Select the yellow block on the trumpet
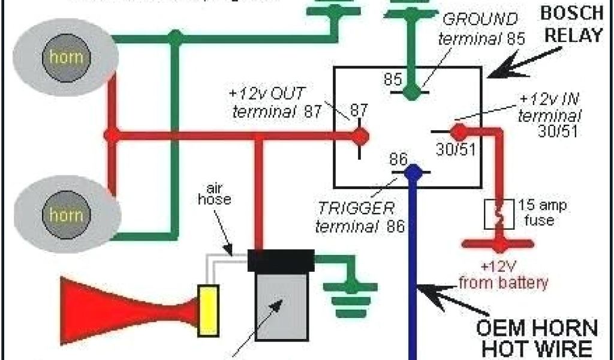209,311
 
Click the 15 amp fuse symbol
498,214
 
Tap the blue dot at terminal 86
413,173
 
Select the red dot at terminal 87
359,136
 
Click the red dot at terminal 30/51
459,130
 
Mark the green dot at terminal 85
411,92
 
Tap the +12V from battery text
503,275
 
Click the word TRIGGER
356,209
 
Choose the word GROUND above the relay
479,19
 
